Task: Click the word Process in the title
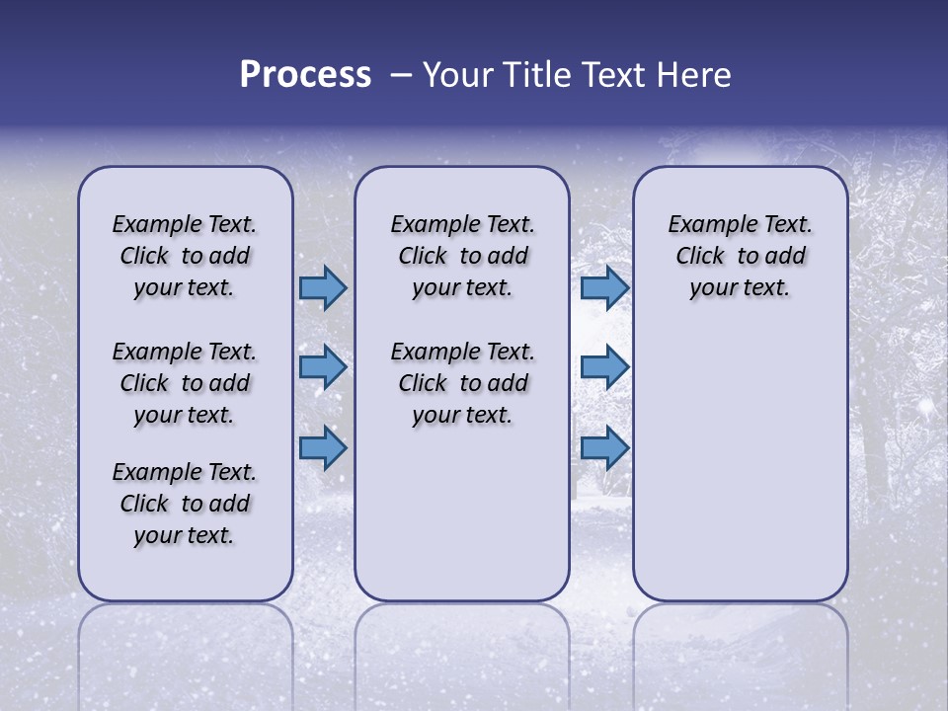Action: tap(305, 75)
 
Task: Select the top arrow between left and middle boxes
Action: tap(323, 288)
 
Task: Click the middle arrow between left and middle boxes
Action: tap(323, 367)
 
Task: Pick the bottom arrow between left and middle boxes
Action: tap(323, 448)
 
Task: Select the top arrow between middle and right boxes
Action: tap(604, 288)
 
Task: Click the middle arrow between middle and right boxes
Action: tap(604, 367)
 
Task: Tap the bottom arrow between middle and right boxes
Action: tap(604, 448)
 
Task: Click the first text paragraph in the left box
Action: tap(185, 256)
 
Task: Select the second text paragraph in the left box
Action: tap(185, 383)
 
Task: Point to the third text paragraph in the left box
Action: tap(185, 504)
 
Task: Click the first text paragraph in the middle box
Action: tap(462, 256)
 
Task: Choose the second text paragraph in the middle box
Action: tap(462, 383)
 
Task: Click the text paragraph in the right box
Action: tap(740, 256)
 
